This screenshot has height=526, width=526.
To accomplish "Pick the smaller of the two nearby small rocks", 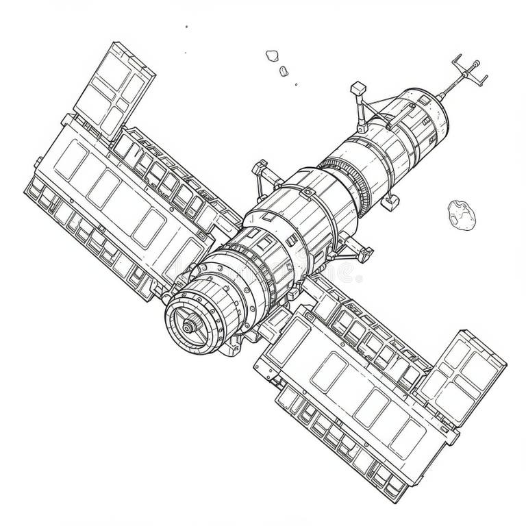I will point(284,70).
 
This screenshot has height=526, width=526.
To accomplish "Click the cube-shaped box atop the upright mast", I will point(357,88).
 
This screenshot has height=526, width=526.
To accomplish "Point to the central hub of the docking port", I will point(187,327).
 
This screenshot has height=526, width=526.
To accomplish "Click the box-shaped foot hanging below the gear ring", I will point(390,201).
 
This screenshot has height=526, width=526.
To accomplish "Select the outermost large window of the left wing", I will point(72,162).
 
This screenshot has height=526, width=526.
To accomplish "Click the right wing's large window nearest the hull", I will point(328,372).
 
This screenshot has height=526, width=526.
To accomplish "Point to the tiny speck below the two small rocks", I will point(296,85).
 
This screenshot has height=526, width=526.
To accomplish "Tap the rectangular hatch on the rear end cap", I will point(425,101).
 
